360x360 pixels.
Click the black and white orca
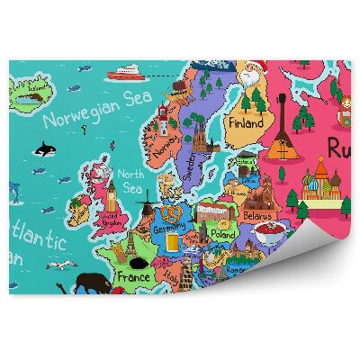42,149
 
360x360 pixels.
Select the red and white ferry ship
125,73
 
